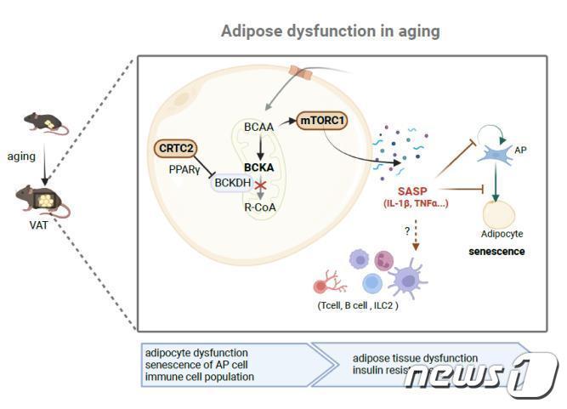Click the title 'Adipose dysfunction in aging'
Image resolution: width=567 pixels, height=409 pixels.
pyautogui.click(x=331, y=31)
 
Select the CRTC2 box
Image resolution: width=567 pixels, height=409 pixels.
pyautogui.click(x=177, y=149)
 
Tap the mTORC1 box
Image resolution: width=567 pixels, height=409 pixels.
pyautogui.click(x=322, y=122)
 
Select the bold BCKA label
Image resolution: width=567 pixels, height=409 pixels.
pyautogui.click(x=258, y=168)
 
